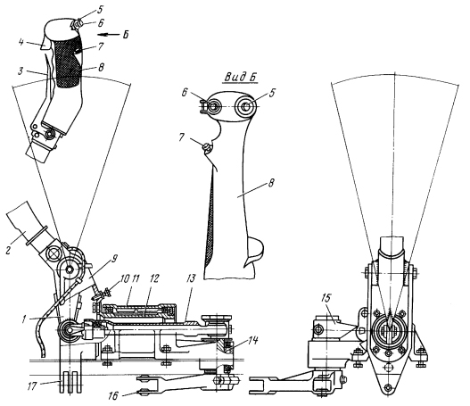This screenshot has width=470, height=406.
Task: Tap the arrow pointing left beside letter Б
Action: pyautogui.click(x=108, y=35)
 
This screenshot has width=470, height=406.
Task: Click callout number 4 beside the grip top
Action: pyautogui.click(x=21, y=42)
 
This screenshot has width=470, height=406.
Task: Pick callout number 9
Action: pyautogui.click(x=114, y=258)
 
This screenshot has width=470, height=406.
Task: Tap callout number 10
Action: pyautogui.click(x=123, y=279)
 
